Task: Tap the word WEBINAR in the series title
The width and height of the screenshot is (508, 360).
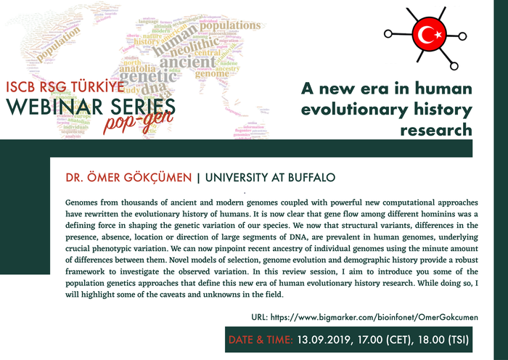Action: point(48,108)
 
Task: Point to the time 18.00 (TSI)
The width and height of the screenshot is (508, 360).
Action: point(443,339)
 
